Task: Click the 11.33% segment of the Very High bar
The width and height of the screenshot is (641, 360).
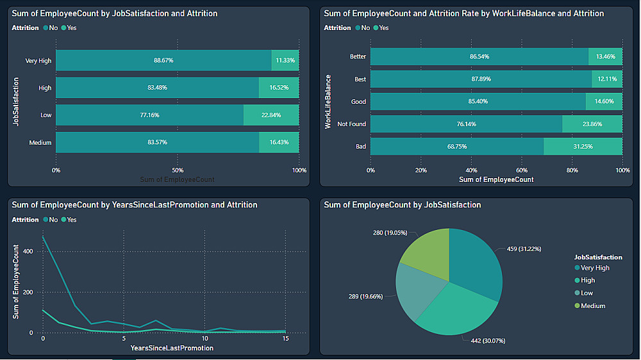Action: (x=285, y=60)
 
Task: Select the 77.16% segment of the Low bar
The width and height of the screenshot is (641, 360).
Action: (x=149, y=115)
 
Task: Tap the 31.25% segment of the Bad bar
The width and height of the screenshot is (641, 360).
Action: (x=583, y=146)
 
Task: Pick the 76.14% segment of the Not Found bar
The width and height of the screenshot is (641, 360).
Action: (x=466, y=124)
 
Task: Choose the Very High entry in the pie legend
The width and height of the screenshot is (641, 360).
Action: (x=595, y=268)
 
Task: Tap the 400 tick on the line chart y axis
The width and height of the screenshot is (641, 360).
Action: (x=26, y=251)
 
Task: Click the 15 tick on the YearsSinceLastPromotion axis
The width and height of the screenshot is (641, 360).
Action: (x=285, y=338)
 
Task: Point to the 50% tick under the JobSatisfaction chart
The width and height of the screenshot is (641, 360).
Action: (x=178, y=170)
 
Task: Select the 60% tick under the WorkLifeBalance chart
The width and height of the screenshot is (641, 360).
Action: (x=522, y=170)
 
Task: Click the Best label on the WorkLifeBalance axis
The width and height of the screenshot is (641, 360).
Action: (x=360, y=79)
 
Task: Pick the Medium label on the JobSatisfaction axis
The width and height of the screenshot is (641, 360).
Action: (x=40, y=143)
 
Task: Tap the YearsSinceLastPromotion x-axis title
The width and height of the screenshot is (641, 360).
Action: (x=172, y=348)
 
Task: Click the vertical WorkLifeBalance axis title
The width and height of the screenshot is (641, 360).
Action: (x=328, y=102)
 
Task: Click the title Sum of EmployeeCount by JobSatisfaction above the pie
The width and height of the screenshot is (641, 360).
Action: (x=403, y=205)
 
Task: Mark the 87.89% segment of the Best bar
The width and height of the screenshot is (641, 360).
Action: (x=481, y=79)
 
